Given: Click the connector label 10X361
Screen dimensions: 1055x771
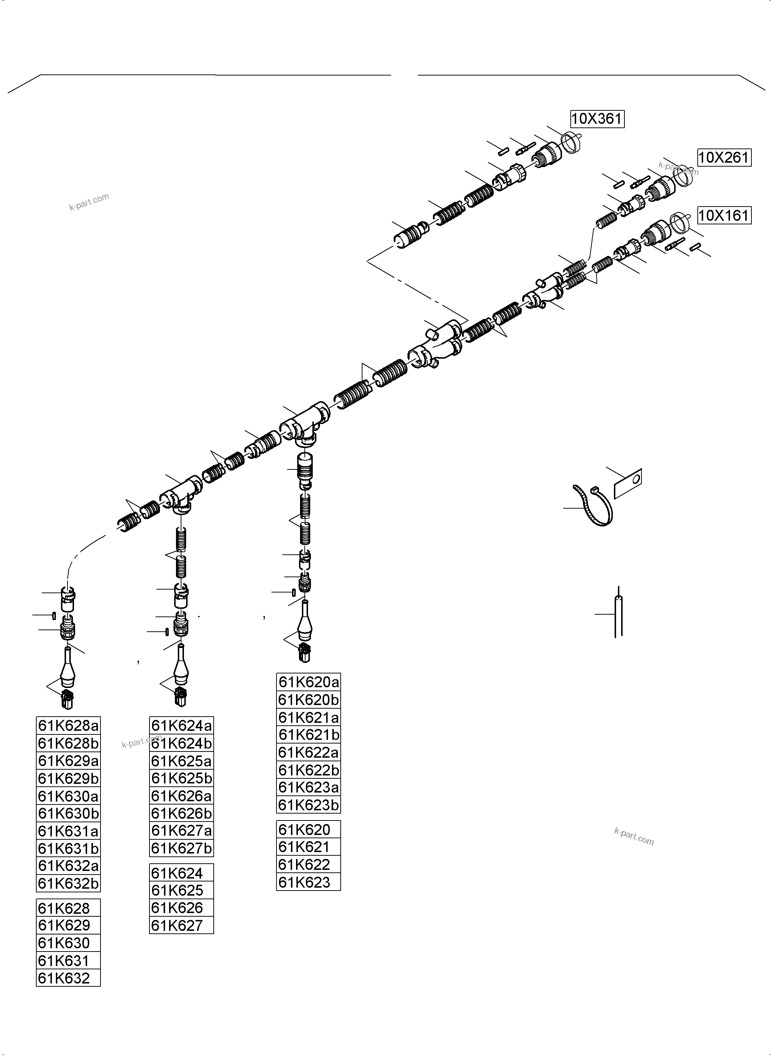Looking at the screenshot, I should (597, 119).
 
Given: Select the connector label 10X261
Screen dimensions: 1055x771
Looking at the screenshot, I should (724, 158).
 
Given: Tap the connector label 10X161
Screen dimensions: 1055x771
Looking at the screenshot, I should (724, 216).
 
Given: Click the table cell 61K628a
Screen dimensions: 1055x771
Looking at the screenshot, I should (68, 725).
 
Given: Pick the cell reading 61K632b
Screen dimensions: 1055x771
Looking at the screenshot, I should (68, 883).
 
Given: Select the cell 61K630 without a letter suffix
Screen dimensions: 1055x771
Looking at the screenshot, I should (68, 943).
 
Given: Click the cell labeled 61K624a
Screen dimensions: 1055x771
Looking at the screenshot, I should (181, 725).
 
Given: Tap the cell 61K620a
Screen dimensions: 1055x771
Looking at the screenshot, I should (308, 682).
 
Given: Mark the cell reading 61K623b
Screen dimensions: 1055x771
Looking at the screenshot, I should (308, 805).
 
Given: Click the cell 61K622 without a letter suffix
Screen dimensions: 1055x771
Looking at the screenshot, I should (308, 864).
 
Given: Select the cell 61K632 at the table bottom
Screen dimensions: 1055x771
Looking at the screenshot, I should (68, 978).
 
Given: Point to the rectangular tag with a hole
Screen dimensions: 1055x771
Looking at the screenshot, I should (628, 483).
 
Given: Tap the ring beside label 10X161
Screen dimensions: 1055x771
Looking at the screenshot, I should (680, 223).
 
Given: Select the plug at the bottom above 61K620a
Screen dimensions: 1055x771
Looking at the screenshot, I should (305, 653).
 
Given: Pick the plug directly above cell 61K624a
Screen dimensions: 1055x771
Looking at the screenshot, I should (181, 696).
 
